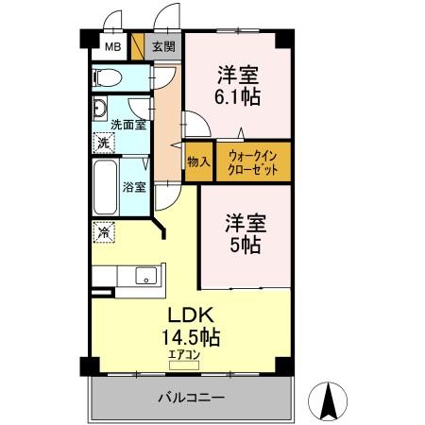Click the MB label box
point(112,46)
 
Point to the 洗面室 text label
point(127,124)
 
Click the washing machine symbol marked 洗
point(103,144)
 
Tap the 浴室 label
point(134,186)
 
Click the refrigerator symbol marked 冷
point(102,229)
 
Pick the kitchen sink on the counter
point(145,276)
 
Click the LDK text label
point(194,314)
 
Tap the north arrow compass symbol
point(331,402)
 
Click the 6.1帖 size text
point(237,95)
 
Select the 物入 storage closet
point(198,163)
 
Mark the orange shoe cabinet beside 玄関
point(138,46)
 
